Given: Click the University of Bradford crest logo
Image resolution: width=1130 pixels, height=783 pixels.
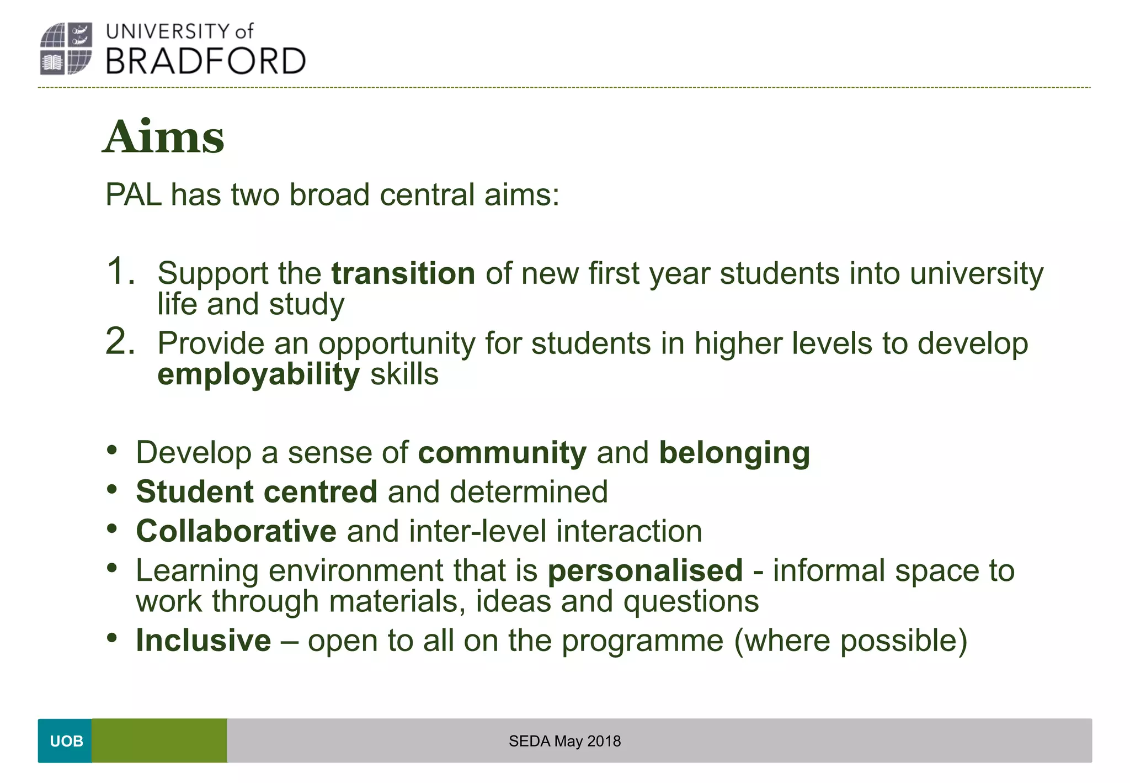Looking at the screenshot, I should tap(66, 49).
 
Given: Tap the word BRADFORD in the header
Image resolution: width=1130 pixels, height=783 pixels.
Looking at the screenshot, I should tap(205, 61).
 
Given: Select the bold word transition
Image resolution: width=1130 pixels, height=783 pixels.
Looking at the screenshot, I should tap(403, 273).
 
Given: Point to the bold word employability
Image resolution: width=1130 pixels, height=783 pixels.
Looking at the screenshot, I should tap(258, 374).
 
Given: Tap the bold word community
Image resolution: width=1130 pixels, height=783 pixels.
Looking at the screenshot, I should tap(502, 453).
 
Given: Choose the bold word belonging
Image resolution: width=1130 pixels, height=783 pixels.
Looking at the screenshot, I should tap(734, 453).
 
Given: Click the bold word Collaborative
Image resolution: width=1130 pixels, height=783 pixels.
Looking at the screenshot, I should tap(236, 531).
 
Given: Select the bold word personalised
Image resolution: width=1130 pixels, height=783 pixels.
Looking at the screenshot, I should tap(645, 570).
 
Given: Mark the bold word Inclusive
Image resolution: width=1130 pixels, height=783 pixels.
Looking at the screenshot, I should tap(204, 641).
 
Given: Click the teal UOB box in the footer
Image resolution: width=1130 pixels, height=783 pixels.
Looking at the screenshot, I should tap(65, 741).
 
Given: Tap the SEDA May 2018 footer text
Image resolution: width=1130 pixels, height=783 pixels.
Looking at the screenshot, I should tap(564, 741).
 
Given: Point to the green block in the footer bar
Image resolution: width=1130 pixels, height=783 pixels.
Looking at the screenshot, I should tap(159, 741).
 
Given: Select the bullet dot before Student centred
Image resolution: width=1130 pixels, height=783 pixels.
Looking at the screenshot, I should tap(113, 489).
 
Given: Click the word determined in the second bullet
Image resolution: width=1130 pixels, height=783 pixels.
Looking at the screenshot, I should tap(529, 492).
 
